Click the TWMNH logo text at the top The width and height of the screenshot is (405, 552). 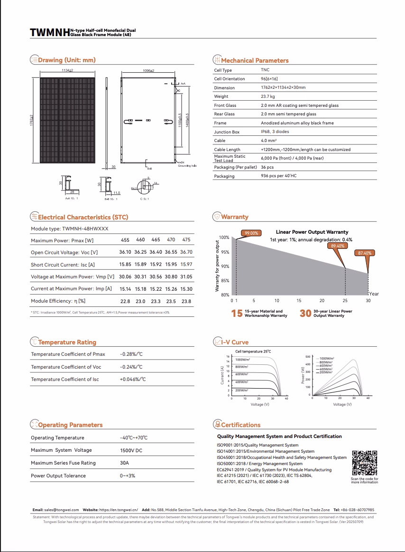[49, 32]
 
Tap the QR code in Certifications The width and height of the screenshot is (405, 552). [364, 463]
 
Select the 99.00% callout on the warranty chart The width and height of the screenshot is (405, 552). [251, 233]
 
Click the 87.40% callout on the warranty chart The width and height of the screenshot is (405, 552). [365, 253]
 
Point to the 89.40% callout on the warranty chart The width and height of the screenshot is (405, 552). [338, 246]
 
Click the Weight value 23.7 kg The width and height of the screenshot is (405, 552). [267, 96]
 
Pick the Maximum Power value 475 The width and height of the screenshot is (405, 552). [186, 240]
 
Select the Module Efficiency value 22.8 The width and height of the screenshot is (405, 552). [125, 301]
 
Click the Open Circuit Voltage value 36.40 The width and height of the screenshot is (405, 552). [156, 252]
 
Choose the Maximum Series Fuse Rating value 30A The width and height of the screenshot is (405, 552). [124, 463]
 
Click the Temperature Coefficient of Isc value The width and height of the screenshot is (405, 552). [132, 379]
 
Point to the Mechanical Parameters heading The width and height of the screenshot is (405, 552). [255, 60]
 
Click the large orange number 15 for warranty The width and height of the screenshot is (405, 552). [237, 314]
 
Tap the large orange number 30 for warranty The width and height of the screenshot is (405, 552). [305, 314]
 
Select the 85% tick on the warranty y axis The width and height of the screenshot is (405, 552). [225, 281]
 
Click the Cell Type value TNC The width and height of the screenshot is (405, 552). [265, 70]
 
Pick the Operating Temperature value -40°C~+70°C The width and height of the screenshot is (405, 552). [134, 438]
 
